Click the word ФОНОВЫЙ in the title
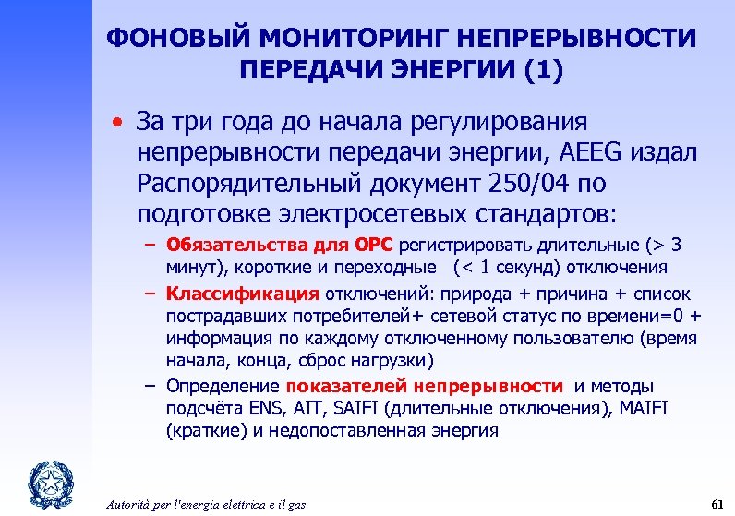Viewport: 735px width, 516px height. [163, 39]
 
